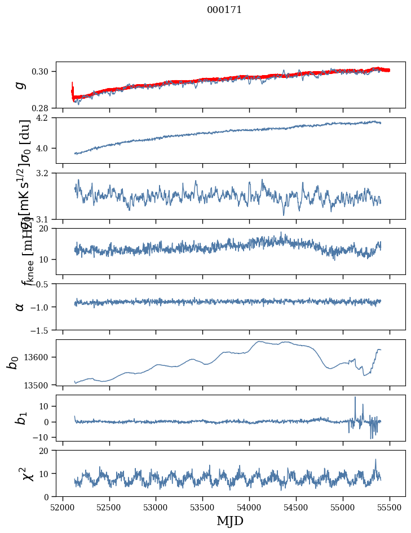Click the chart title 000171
[x=224, y=10]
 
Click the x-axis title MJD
[x=230, y=521]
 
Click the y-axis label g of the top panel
[x=21, y=85]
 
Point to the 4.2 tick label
[x=46, y=118]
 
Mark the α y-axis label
[x=20, y=307]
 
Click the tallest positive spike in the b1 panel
[x=355, y=397]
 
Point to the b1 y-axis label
[x=20, y=418]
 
